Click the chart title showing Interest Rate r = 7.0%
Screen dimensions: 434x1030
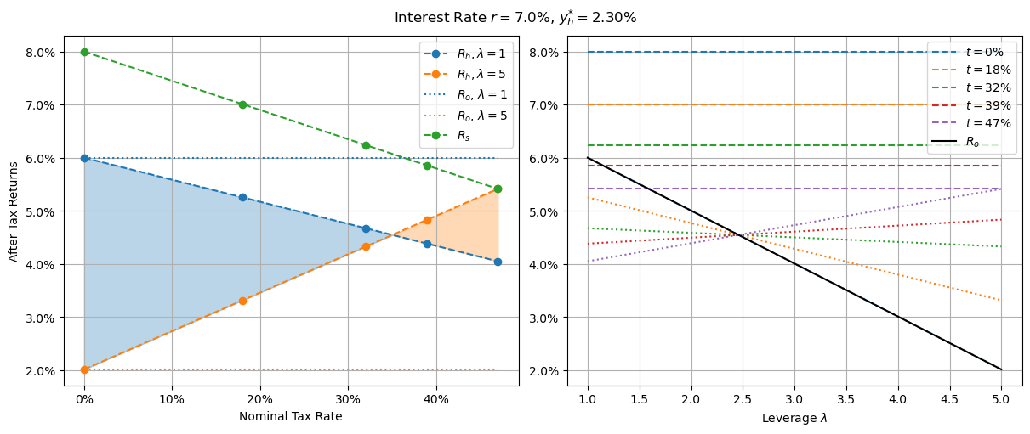click(515, 17)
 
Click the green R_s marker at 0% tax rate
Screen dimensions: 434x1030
click(84, 52)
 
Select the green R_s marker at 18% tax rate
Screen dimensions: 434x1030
click(242, 104)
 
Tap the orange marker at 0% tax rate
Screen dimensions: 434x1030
click(84, 369)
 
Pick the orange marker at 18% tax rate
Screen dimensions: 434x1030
click(242, 301)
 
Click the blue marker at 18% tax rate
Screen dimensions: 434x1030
click(242, 197)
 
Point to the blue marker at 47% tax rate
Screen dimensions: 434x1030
click(498, 262)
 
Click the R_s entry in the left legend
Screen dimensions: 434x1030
click(464, 135)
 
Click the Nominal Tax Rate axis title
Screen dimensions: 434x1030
click(290, 416)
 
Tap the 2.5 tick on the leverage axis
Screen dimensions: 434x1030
click(743, 398)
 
